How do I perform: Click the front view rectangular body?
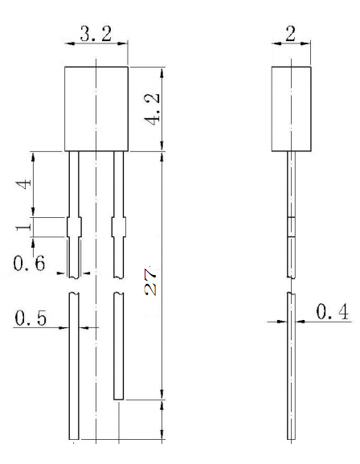[x=96, y=109]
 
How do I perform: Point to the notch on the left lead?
[x=73, y=227]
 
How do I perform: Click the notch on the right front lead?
[x=118, y=227]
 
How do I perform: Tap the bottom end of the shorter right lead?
[x=118, y=396]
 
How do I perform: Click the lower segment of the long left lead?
[x=73, y=370]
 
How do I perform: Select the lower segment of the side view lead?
[x=291, y=370]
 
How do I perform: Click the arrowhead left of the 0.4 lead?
[x=282, y=321]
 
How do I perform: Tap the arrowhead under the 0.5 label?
[x=63, y=328]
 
